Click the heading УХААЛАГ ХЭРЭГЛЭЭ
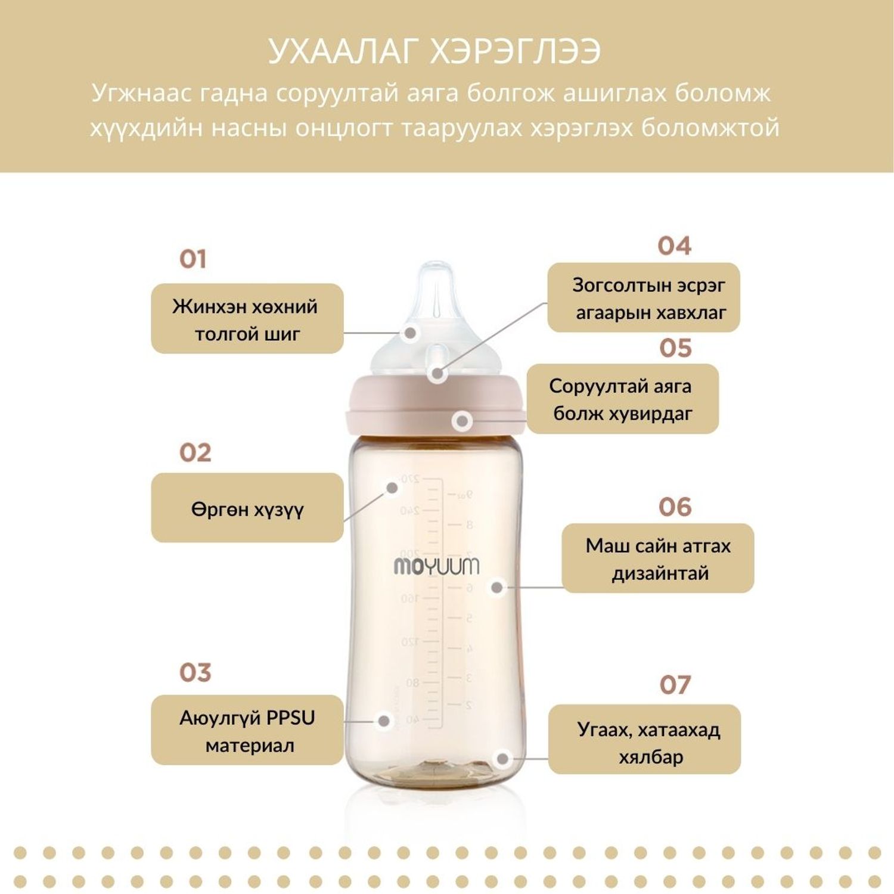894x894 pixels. pos(434,51)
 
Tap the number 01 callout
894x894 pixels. pos(193,259)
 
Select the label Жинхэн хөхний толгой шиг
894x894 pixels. pos(247,319)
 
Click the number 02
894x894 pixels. pos(195,453)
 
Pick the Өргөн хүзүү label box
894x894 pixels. pos(247,508)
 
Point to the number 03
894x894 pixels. pos(195,673)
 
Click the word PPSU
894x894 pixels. pos(290,718)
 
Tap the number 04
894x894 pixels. pos(675,246)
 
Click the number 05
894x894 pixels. pos(676,348)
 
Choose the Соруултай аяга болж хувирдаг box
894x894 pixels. pos(623,399)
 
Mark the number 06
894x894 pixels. pos(675,507)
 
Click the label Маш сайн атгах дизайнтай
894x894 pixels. pos(658,558)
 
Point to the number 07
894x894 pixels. pos(675,685)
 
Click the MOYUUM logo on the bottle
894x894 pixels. pos(436,566)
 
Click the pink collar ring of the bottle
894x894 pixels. pos(436,405)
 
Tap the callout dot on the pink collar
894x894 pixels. pos(462,421)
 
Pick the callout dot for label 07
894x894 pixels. pos(502,759)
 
